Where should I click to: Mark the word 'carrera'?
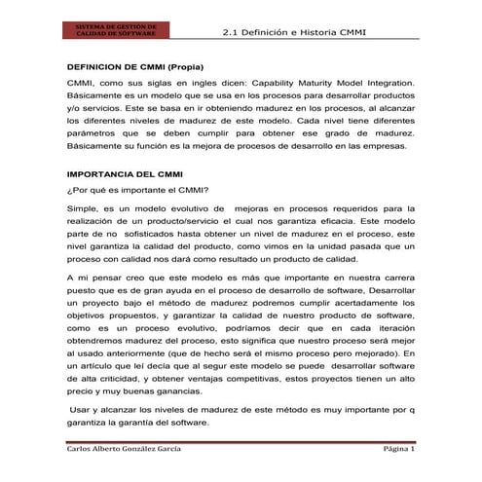pyautogui.click(x=397, y=278)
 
